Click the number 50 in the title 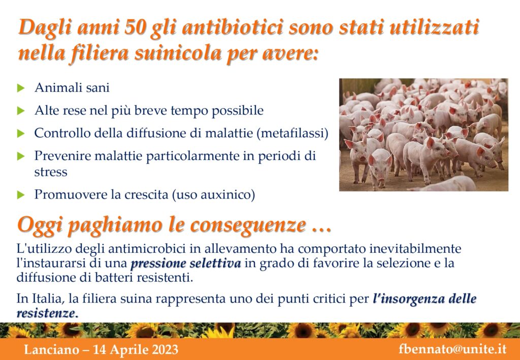[135, 27]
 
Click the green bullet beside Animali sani [21, 88]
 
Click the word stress [51, 172]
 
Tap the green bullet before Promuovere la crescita [21, 195]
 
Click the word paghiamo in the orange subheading [109, 226]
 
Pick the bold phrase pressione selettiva [186, 264]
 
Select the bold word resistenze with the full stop [47, 313]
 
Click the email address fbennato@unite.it [452, 349]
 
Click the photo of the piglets [424, 135]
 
